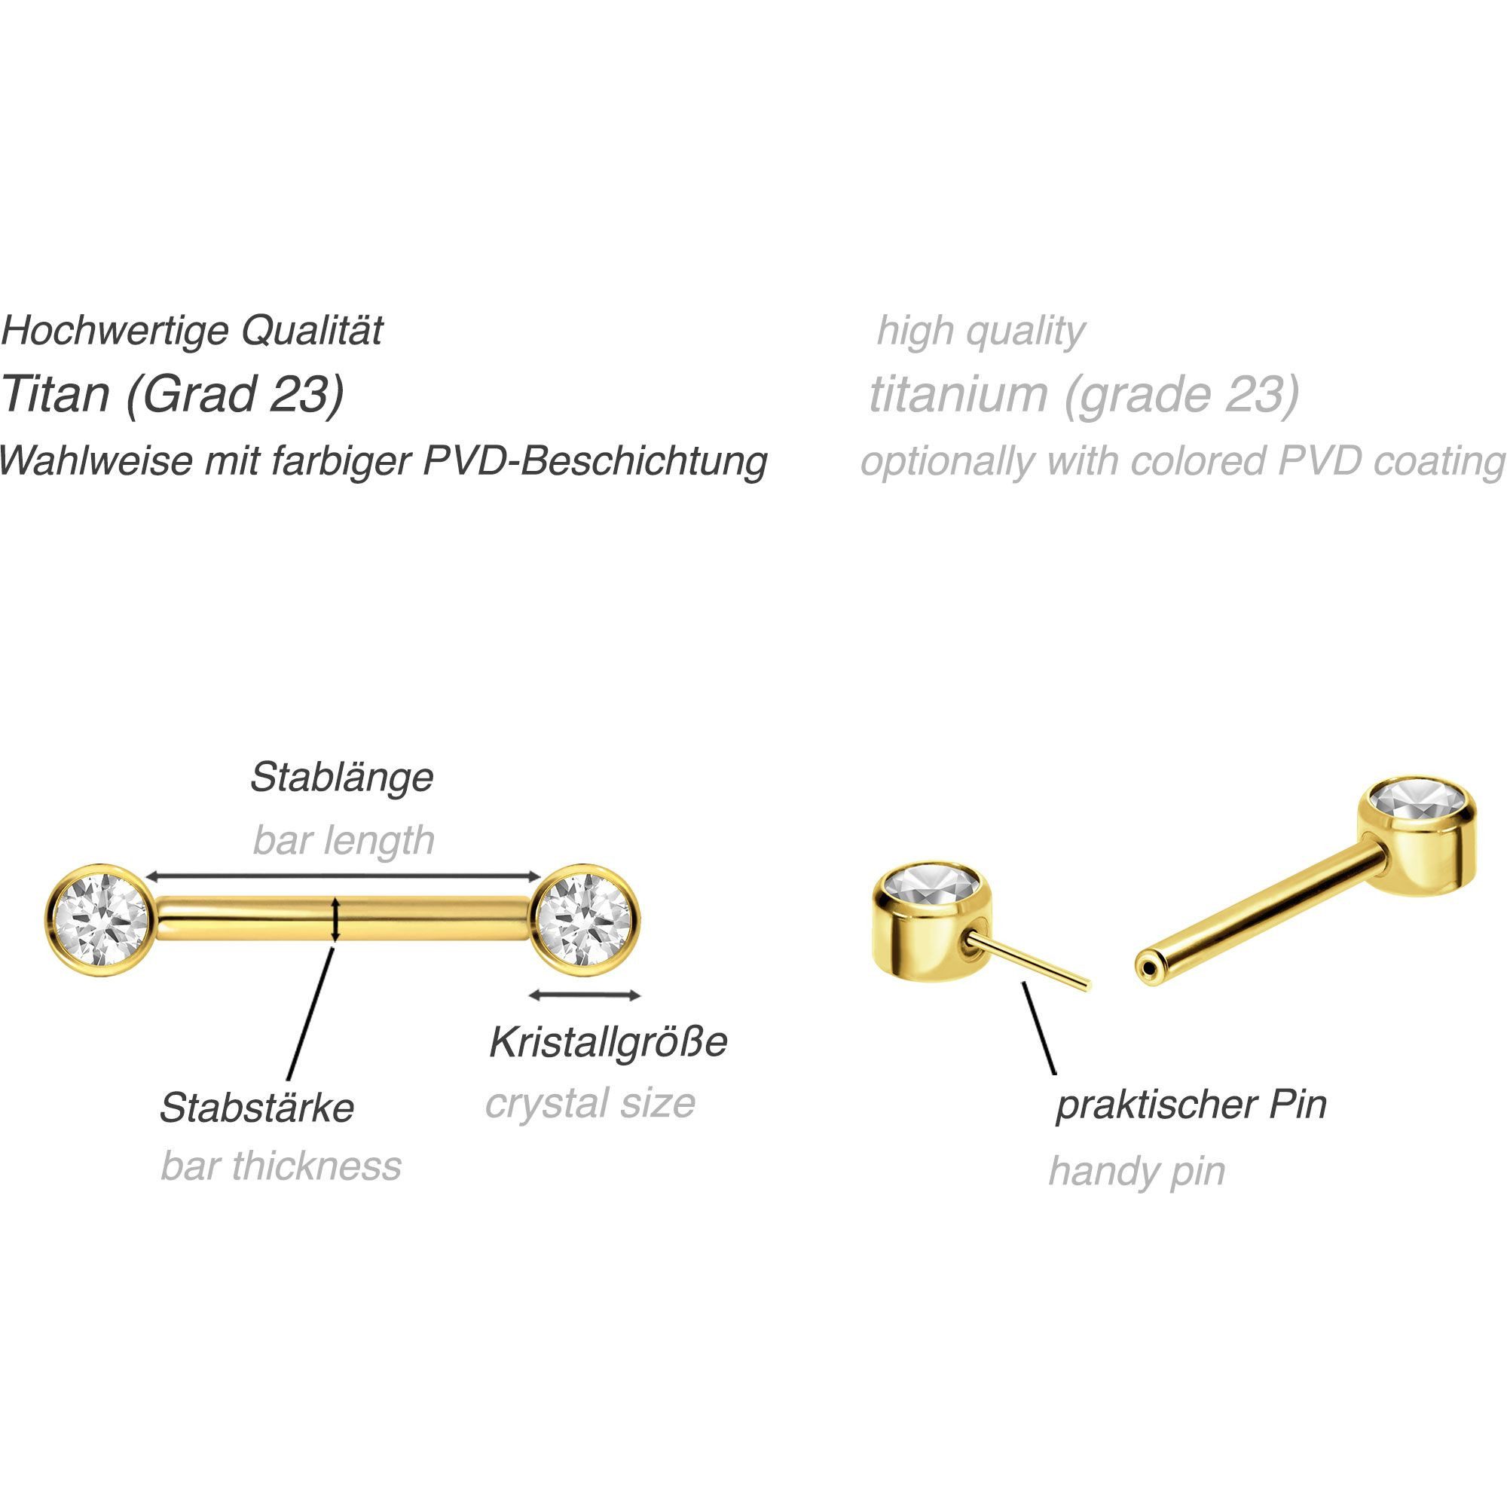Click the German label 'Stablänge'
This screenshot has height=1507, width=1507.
point(341,778)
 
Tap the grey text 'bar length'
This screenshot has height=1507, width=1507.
point(343,840)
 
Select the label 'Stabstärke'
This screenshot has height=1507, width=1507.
point(257,1108)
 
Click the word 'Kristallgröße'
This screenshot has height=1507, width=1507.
point(607,1043)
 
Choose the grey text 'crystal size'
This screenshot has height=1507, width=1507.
point(590,1103)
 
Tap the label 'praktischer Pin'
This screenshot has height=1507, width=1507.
point(1191,1105)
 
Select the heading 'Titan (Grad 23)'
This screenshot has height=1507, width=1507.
point(173,394)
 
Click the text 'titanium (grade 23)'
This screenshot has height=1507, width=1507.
point(1084,394)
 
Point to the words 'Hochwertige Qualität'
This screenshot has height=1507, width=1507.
point(192,331)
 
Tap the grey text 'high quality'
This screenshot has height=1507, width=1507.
point(980,331)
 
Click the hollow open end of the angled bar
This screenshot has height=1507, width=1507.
point(1147,969)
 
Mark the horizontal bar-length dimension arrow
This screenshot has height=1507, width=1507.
point(343,877)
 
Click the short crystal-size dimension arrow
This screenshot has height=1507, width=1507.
point(585,995)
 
